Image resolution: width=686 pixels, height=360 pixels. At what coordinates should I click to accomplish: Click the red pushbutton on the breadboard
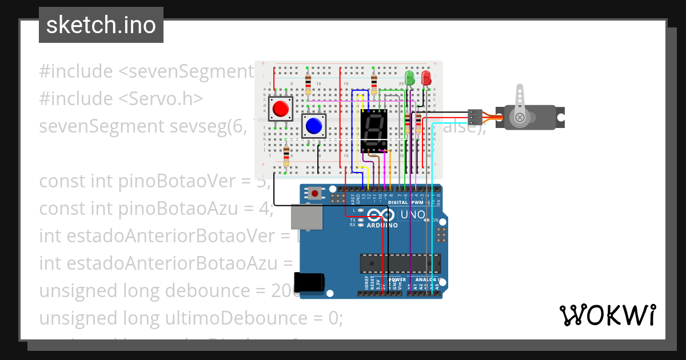[x=280, y=108]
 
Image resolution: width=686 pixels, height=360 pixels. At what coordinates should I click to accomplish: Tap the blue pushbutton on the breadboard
[x=313, y=125]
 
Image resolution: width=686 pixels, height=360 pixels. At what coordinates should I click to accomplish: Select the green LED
[x=409, y=78]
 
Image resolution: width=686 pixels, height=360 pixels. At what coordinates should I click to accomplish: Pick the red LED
[x=426, y=78]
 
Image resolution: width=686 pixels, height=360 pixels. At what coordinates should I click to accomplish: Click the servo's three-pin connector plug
[x=474, y=117]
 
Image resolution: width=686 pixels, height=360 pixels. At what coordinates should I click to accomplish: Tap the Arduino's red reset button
[x=314, y=194]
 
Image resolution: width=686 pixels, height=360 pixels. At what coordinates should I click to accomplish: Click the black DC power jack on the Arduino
[x=309, y=283]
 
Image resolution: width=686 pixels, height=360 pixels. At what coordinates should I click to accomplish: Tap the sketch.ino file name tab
[x=101, y=25]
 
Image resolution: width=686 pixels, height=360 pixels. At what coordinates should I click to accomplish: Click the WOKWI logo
[x=607, y=315]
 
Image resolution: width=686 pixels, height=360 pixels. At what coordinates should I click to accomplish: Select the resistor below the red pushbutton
[x=286, y=155]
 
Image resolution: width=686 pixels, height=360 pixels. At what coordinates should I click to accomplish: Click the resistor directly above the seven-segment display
[x=374, y=83]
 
